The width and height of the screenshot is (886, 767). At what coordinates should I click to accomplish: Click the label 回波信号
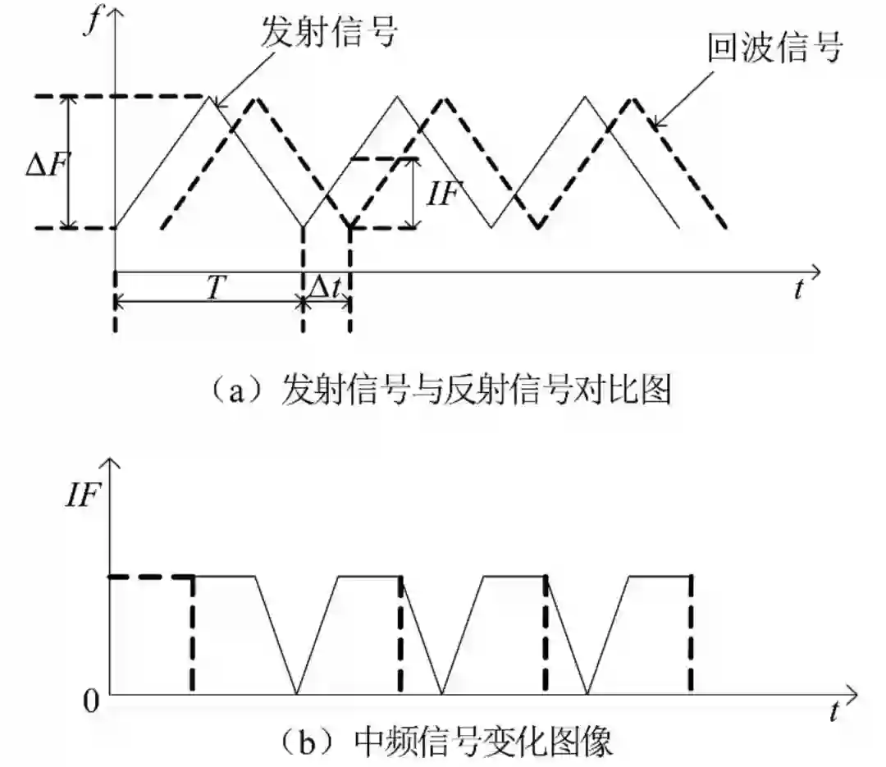pyautogui.click(x=775, y=48)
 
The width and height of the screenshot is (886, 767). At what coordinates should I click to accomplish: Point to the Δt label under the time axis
pyautogui.click(x=327, y=286)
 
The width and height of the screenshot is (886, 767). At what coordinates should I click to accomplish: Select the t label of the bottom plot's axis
pyautogui.click(x=833, y=710)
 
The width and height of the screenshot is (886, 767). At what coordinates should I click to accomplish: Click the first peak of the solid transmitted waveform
pyautogui.click(x=210, y=98)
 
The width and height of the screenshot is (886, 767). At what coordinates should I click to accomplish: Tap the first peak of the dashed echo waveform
pyautogui.click(x=257, y=98)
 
